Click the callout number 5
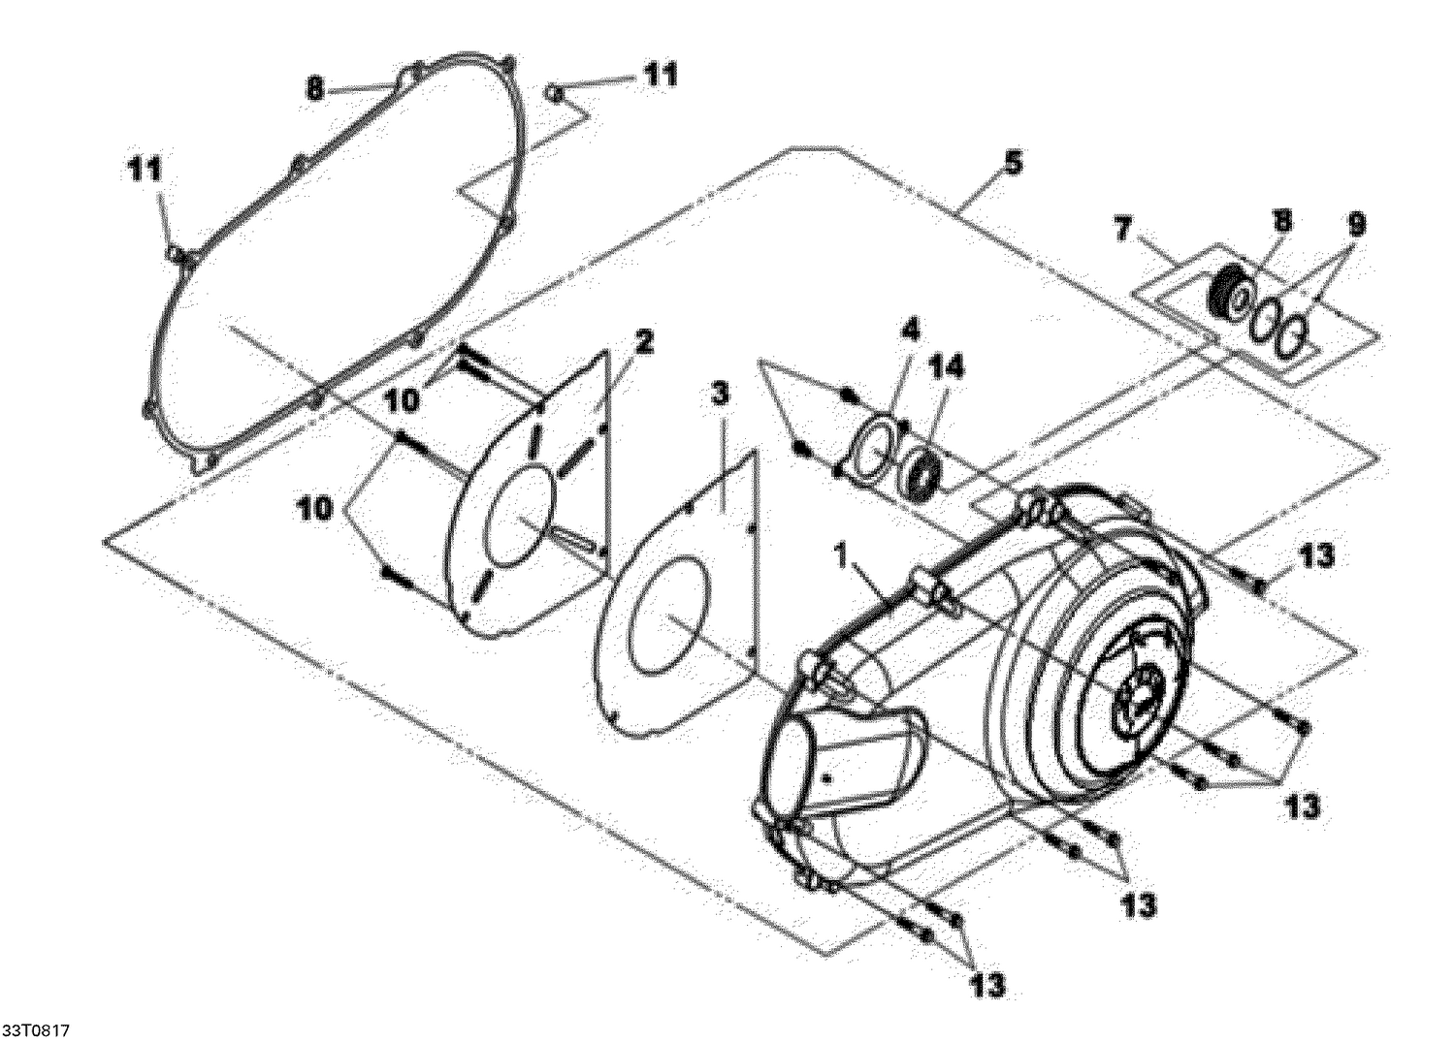[1012, 163]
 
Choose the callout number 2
[643, 341]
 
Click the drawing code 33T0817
[36, 1027]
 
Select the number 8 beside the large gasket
[313, 89]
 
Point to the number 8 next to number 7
[1281, 221]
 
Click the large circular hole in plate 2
[524, 514]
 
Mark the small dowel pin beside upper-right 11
[556, 92]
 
